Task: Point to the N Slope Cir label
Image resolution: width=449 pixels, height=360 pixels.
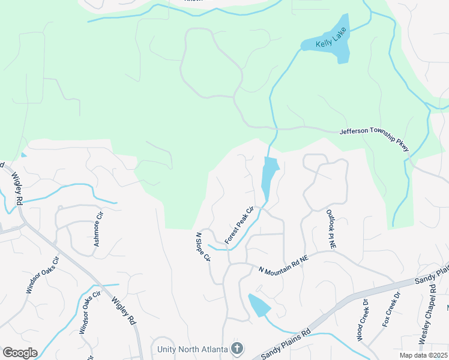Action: (203, 247)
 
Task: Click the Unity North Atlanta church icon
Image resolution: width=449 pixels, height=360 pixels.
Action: (237, 349)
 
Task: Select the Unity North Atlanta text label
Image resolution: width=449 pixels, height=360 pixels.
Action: (192, 349)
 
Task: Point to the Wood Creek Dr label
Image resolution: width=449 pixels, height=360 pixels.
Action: (365, 324)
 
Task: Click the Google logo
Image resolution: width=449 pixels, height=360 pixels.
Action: (20, 353)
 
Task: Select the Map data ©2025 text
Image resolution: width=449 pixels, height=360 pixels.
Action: (423, 355)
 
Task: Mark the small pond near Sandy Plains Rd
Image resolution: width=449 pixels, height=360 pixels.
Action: (259, 305)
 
